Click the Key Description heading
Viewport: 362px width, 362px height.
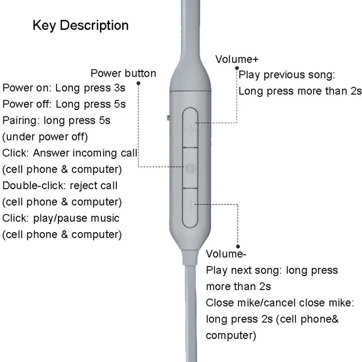[81, 26]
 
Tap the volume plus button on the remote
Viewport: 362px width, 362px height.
[191, 129]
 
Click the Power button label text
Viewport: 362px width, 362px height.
[123, 73]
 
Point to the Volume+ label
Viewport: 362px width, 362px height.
[237, 59]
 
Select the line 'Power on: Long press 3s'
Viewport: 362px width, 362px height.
[64, 88]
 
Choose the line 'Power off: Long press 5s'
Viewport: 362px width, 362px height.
[64, 104]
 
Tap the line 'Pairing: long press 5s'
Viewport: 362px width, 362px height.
[56, 120]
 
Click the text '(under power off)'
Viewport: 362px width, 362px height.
[45, 137]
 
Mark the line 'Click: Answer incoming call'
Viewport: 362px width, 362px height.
[70, 153]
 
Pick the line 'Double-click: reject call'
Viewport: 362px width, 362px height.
[60, 185]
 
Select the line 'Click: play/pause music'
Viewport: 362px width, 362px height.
[61, 218]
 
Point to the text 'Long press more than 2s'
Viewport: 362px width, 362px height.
[300, 91]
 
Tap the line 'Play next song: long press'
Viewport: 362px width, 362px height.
[272, 270]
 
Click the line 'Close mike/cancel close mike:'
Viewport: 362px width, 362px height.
[280, 303]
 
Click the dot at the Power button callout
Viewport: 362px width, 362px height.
[139, 83]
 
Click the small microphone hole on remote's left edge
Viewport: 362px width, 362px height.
[167, 117]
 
